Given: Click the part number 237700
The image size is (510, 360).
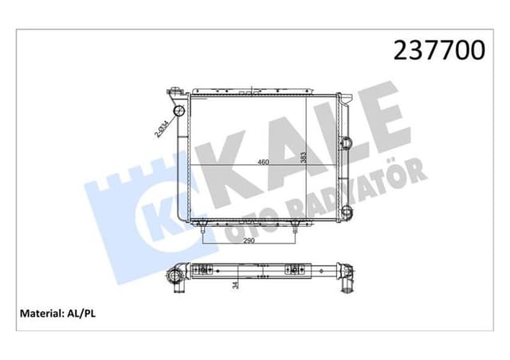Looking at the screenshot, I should (440, 50).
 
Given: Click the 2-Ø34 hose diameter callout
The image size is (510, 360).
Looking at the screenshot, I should (161, 127).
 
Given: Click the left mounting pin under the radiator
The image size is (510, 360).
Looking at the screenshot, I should (205, 230).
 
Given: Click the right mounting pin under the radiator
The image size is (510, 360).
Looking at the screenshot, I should (296, 230).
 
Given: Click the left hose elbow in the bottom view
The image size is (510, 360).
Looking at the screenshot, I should (175, 278).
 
